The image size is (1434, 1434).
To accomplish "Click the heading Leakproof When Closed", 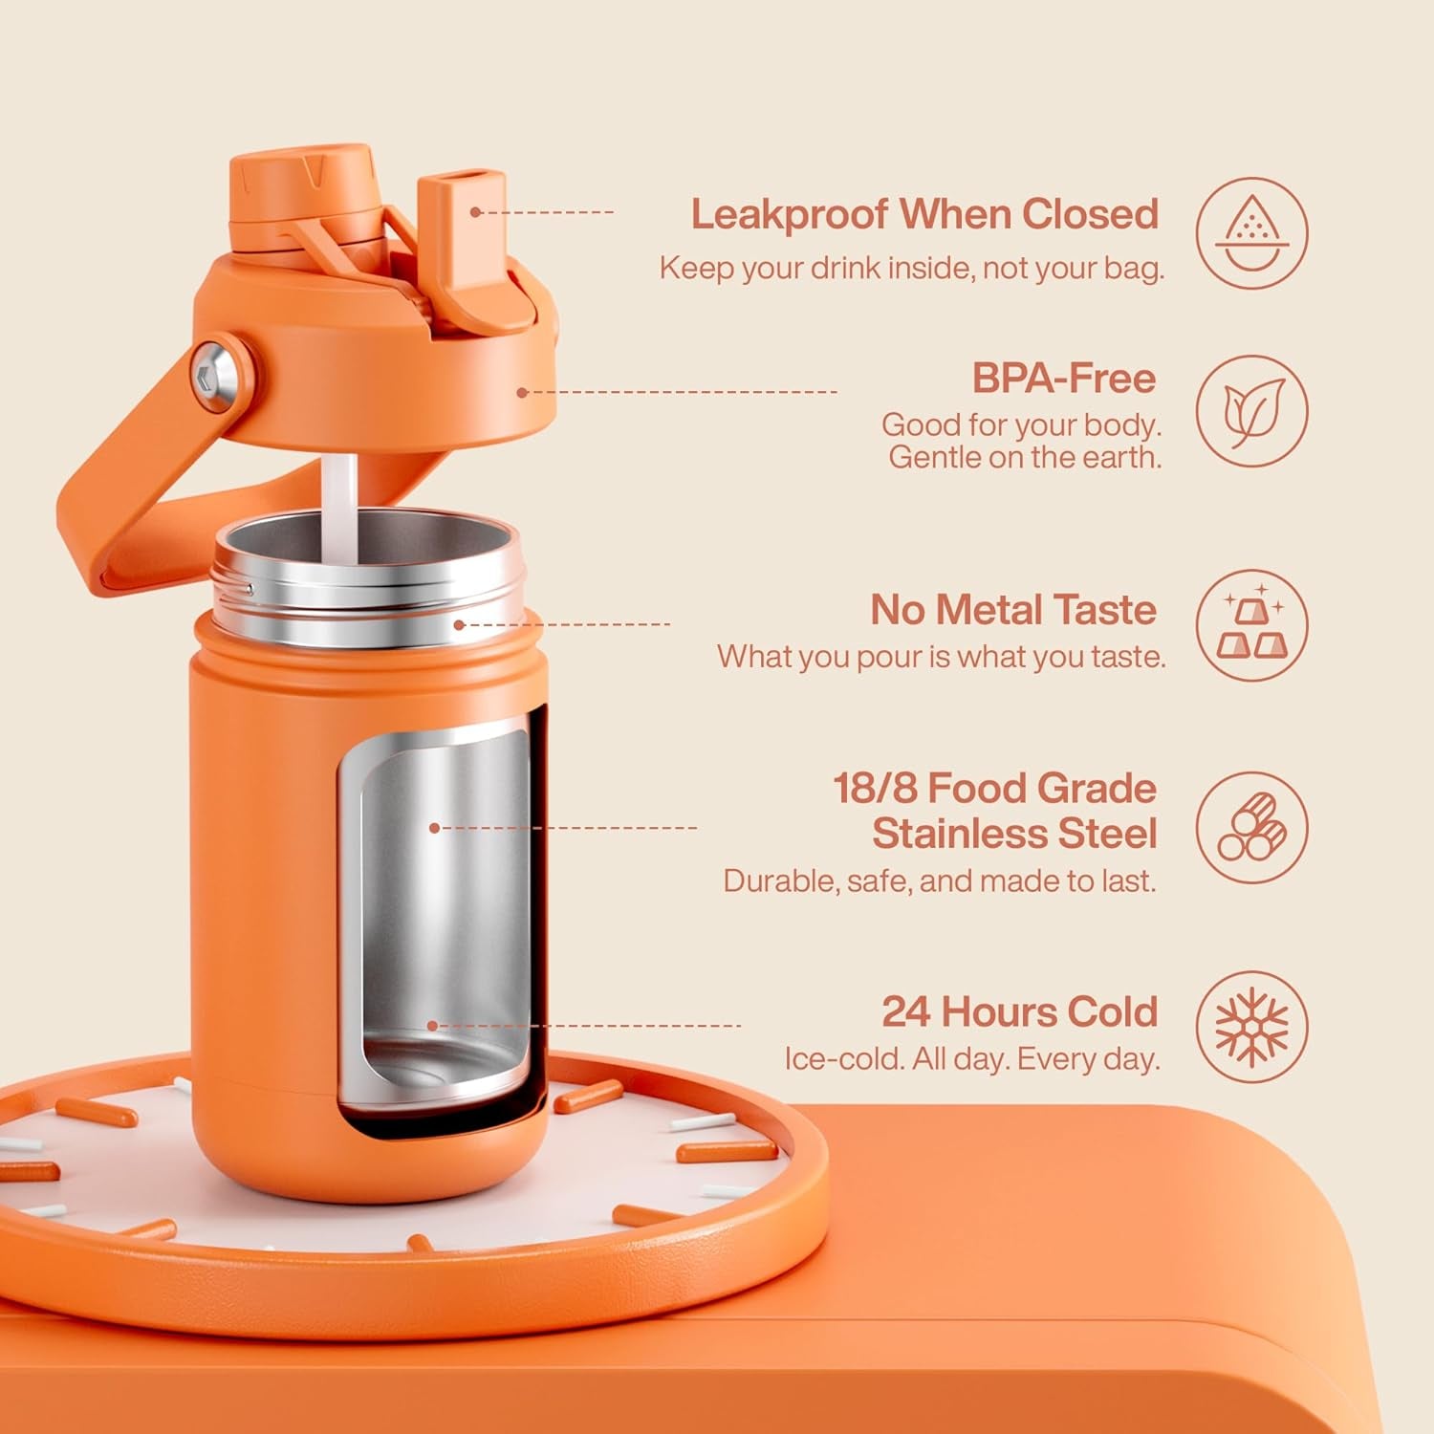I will pyautogui.click(x=924, y=214).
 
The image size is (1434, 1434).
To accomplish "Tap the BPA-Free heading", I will pyautogui.click(x=1063, y=379).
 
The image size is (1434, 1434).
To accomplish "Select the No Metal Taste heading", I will pyautogui.click(x=1013, y=610).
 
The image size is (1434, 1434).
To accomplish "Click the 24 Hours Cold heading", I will pyautogui.click(x=1019, y=1011).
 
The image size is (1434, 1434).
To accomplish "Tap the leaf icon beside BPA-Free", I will pyautogui.click(x=1251, y=411).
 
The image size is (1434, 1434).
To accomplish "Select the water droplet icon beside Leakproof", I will pyautogui.click(x=1251, y=232).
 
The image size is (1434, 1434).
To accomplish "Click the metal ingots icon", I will pyautogui.click(x=1251, y=625).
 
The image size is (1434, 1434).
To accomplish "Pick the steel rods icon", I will pyautogui.click(x=1251, y=827).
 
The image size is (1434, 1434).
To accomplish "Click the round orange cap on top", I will pyautogui.click(x=300, y=182).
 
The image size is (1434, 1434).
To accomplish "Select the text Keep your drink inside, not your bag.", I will pyautogui.click(x=911, y=269).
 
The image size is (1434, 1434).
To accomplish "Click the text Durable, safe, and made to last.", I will pyautogui.click(x=939, y=880).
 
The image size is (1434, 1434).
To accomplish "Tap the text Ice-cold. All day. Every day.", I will pyautogui.click(x=971, y=1059).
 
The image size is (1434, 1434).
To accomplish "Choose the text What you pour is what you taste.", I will pyautogui.click(x=941, y=657).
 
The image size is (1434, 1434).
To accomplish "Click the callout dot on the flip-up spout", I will pyautogui.click(x=475, y=211).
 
